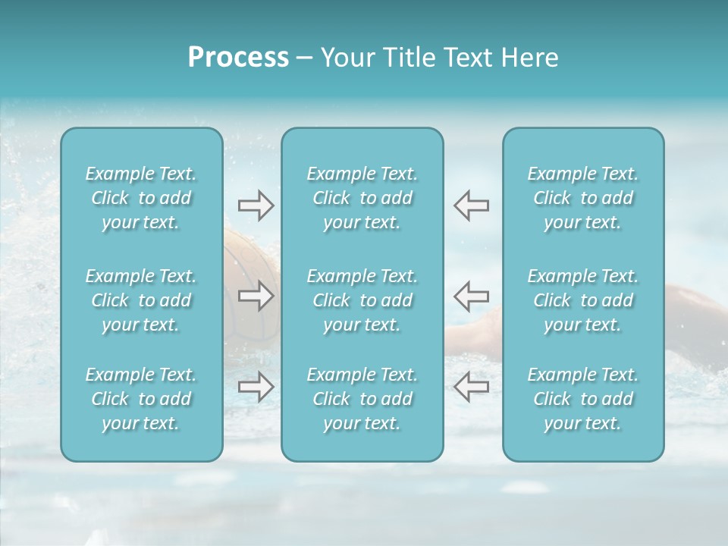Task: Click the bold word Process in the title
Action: [x=238, y=58]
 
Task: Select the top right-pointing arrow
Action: [x=256, y=206]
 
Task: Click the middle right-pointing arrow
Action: [x=256, y=296]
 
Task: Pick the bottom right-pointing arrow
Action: [x=256, y=387]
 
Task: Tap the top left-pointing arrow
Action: [x=471, y=206]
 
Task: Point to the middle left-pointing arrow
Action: [x=471, y=296]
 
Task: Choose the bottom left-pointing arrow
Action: [x=471, y=387]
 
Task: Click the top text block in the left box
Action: [x=141, y=198]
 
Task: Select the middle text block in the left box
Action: [x=141, y=300]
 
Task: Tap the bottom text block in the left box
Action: [x=141, y=399]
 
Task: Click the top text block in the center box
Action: [x=362, y=198]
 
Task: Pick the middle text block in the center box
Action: [x=362, y=300]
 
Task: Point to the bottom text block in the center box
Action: [x=362, y=399]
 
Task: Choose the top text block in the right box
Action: [x=582, y=198]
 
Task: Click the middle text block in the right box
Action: [x=582, y=300]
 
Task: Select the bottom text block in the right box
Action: [x=582, y=399]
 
